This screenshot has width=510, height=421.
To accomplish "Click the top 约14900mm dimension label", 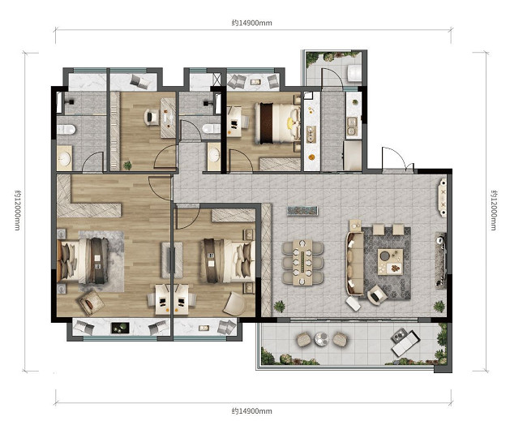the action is [x=251, y=23].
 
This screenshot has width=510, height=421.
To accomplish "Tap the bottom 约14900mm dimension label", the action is [x=251, y=411].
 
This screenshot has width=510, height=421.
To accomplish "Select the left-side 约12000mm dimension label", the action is [x=17, y=210].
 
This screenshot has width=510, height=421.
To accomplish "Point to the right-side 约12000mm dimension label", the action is [x=494, y=210].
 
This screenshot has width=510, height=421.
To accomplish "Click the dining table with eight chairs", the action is [x=302, y=263].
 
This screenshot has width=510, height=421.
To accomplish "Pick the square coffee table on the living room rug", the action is [x=390, y=262].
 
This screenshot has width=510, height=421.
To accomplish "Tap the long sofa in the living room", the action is [x=355, y=264].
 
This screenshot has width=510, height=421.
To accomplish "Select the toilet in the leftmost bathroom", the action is [x=66, y=130].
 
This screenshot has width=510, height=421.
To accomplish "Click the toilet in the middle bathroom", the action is [x=211, y=129].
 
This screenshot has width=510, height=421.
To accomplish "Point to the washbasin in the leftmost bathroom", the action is [x=64, y=158].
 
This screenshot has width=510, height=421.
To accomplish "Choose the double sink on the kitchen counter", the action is [x=352, y=127].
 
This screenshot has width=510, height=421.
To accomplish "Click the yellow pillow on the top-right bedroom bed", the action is [x=289, y=122].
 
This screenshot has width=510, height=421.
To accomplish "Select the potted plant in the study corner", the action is [x=127, y=165].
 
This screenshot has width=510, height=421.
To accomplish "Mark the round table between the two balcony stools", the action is [x=321, y=339].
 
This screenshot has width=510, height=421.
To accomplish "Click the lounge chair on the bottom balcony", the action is [x=405, y=342].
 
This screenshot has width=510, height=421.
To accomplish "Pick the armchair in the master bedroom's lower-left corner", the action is [x=91, y=302].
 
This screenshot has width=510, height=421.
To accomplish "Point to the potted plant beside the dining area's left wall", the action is [x=279, y=307].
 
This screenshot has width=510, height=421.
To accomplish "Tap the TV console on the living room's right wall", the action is [x=441, y=260].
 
